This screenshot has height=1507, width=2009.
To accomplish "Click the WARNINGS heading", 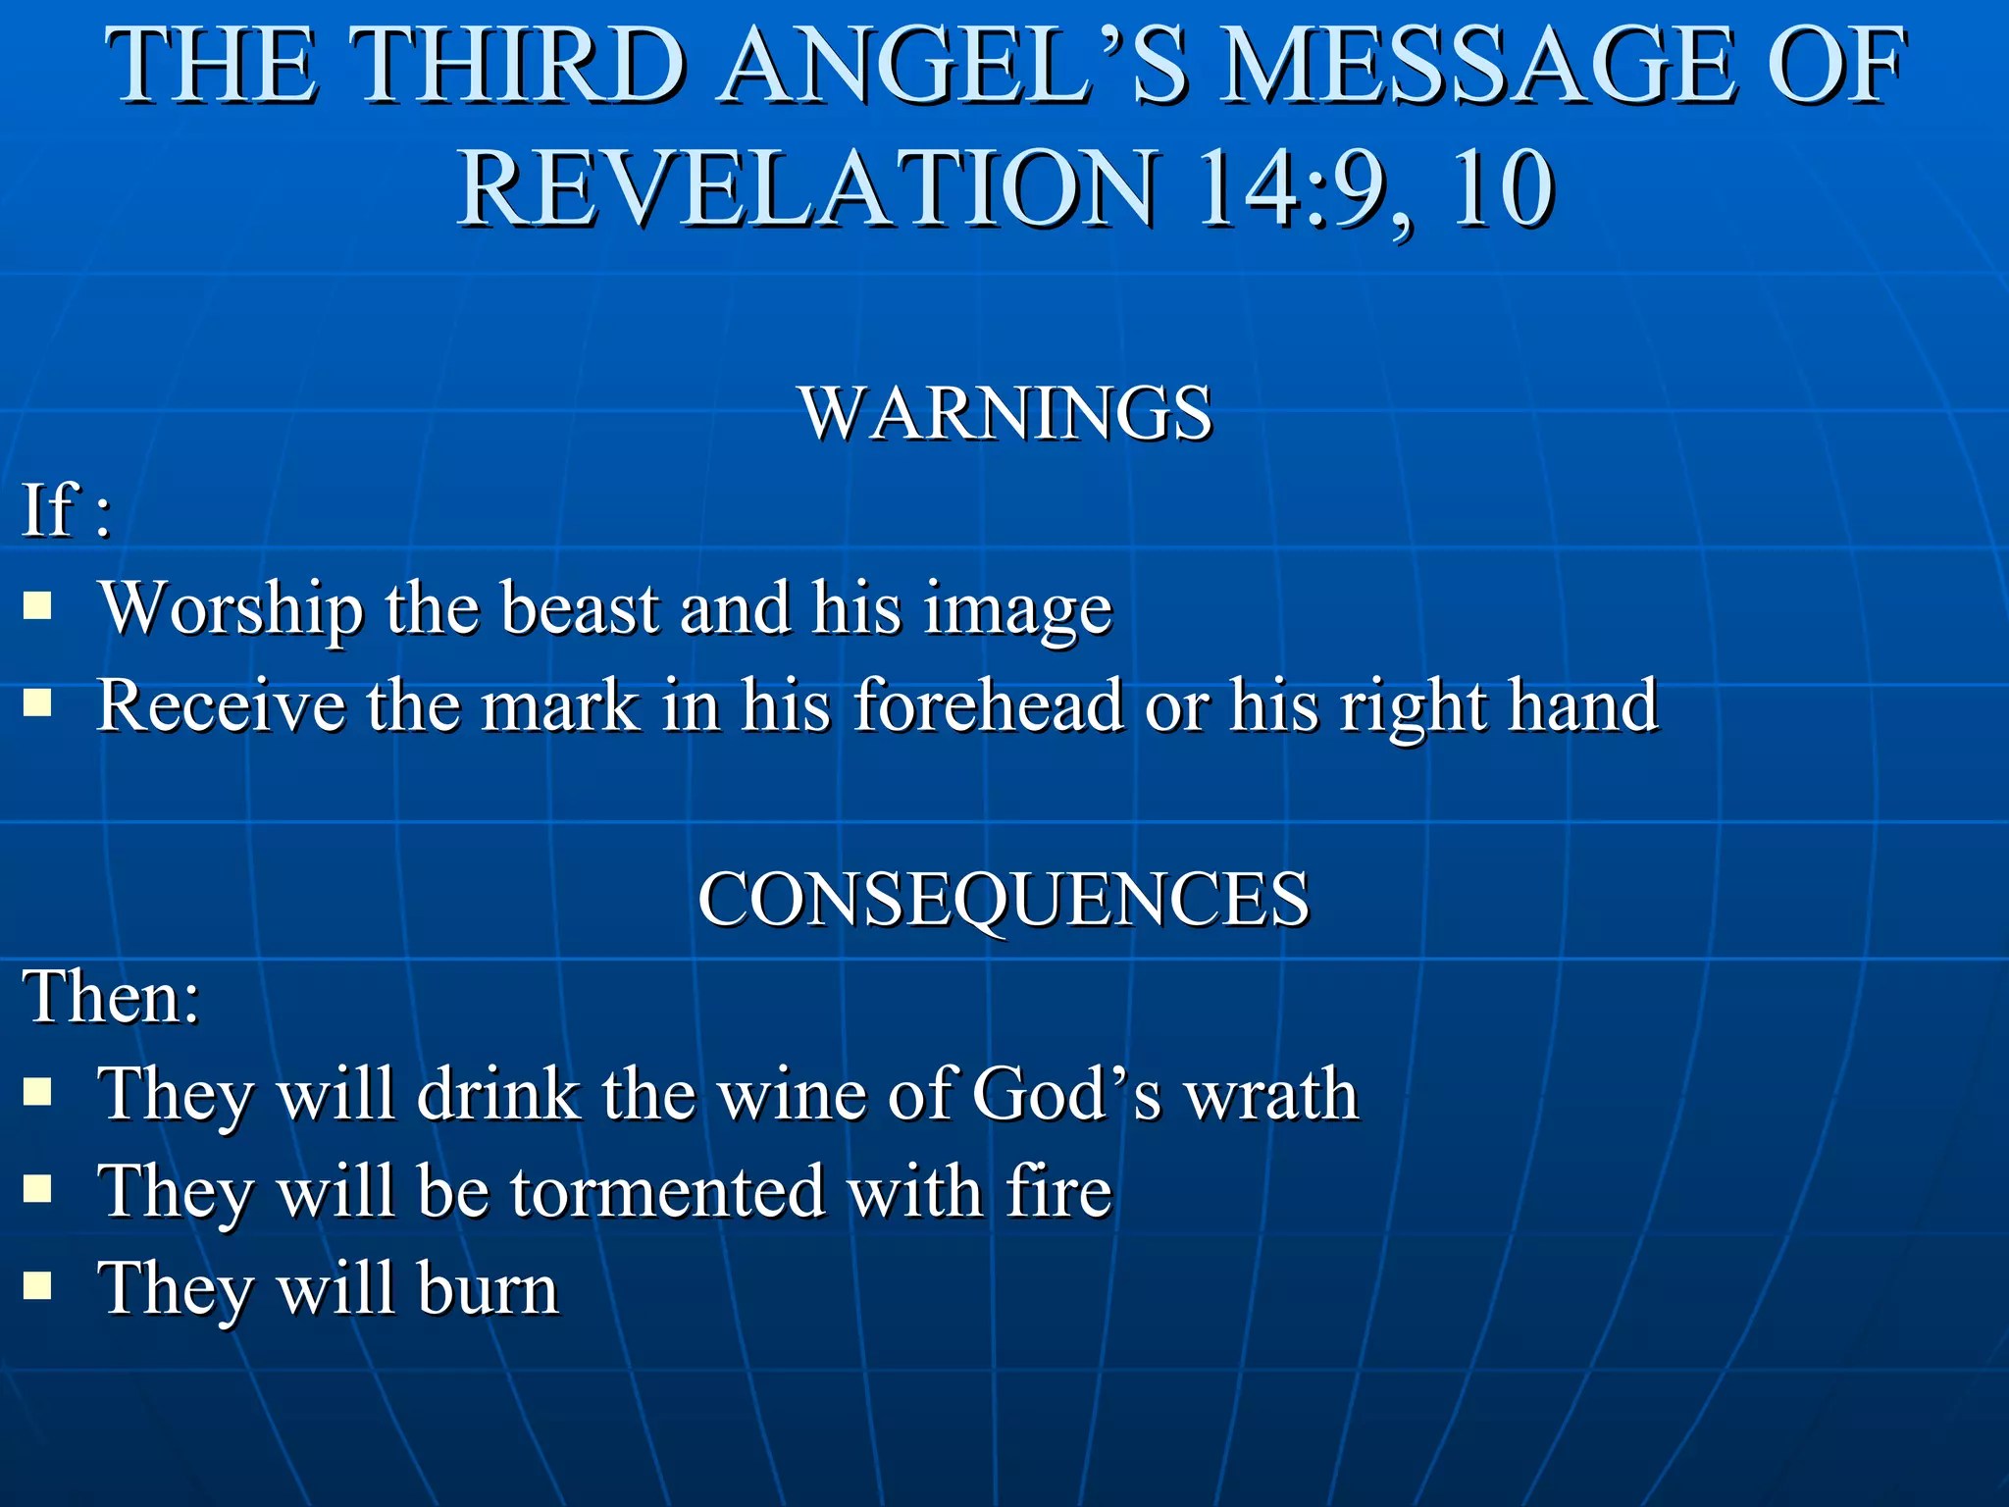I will click(1005, 413).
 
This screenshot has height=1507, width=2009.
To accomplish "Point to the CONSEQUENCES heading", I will click(1003, 899).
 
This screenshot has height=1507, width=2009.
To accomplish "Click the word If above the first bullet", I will click(49, 509).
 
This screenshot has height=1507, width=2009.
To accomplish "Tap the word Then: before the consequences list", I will click(111, 997).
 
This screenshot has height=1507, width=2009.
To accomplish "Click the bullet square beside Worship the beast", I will click(37, 605).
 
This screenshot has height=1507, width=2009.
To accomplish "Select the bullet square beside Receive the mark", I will click(37, 702).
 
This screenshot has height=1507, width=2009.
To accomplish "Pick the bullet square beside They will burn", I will click(37, 1285).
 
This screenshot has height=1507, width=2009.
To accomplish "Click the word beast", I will click(581, 608).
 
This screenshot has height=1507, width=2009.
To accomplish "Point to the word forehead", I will click(989, 704).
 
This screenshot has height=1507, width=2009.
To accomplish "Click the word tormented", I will click(667, 1191).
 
